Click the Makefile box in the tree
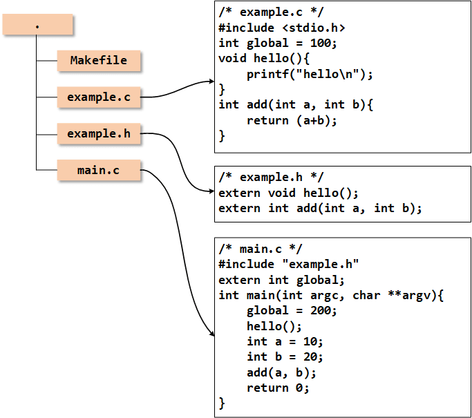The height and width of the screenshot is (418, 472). point(99,61)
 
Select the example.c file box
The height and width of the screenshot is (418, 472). point(99,97)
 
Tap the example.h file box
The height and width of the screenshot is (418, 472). point(99,133)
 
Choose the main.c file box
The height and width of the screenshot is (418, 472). point(99,170)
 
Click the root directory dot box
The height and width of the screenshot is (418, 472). point(37,24)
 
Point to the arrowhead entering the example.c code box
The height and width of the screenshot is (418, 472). point(211,82)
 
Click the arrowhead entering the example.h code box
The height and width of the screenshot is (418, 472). point(211,191)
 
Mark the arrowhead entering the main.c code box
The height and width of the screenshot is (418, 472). point(213,334)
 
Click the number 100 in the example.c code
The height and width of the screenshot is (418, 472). point(321,43)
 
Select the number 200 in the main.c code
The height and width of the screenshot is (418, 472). point(321,311)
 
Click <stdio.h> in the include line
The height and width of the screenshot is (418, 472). point(314,28)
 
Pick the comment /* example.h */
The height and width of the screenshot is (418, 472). point(271,178)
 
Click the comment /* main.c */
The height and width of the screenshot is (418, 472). point(261,249)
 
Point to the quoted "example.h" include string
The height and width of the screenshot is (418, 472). point(321,264)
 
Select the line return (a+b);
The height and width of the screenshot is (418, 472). point(292,121)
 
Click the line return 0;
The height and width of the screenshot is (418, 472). point(278,388)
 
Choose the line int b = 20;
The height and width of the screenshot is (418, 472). point(285,357)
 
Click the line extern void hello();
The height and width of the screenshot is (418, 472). point(288,193)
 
